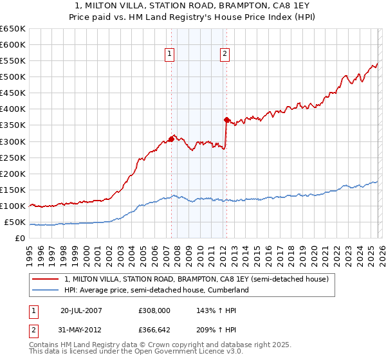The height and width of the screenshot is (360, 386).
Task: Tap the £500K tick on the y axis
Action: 12,77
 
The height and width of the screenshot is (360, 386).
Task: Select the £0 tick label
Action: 19,239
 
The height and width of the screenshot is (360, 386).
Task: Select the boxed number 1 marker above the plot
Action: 169,55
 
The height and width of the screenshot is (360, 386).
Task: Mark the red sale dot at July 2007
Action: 171,138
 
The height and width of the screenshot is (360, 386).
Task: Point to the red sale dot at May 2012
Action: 226,120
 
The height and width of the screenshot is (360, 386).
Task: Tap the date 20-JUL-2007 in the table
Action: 82,310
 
